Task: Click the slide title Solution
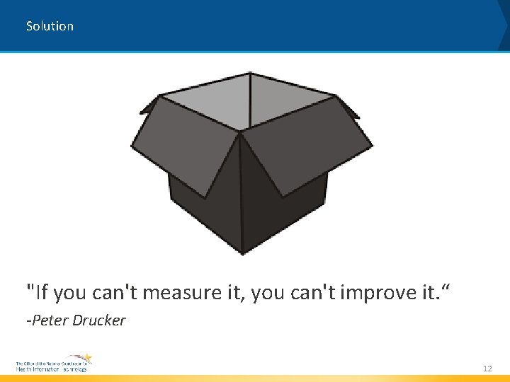click(50, 26)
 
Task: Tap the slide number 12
click(487, 369)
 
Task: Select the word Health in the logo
click(23, 369)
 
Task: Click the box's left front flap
click(188, 145)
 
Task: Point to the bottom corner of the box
click(243, 252)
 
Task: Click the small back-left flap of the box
click(150, 106)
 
